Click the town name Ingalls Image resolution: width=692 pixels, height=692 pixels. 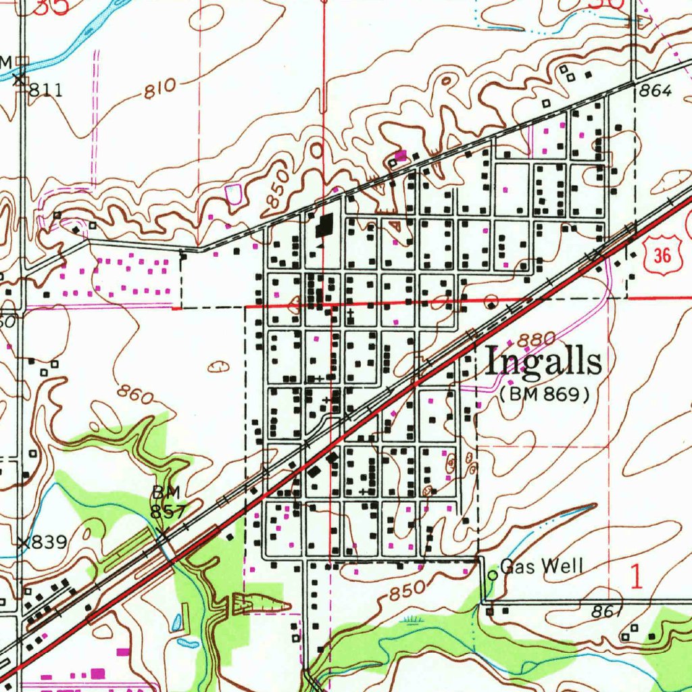tap(544, 362)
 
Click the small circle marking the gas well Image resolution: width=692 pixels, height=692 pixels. tap(493, 574)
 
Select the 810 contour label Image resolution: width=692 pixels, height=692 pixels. tap(159, 89)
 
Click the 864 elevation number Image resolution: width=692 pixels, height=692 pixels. tap(655, 92)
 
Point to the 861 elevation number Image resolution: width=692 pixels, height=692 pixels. tap(605, 612)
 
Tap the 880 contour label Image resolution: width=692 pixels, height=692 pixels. tap(538, 339)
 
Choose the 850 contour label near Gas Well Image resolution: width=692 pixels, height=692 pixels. tap(408, 590)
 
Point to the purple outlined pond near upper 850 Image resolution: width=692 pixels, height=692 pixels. tap(234, 195)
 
